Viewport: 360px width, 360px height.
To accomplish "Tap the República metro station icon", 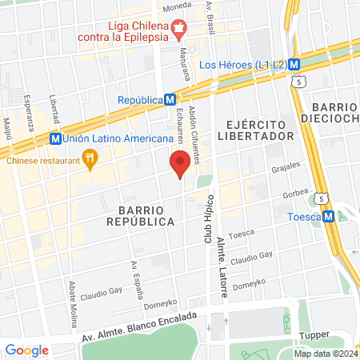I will pyautogui.click(x=170, y=100).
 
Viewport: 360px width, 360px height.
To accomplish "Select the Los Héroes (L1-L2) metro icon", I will pyautogui.click(x=294, y=64).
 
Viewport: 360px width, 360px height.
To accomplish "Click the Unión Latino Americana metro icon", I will pyautogui.click(x=55, y=138).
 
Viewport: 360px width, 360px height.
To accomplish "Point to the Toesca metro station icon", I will pyautogui.click(x=327, y=216).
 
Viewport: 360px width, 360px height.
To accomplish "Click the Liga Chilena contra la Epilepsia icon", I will pyautogui.click(x=179, y=27).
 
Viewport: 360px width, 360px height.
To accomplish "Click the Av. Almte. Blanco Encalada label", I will pyautogui.click(x=139, y=328).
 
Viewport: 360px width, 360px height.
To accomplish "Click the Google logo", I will pyautogui.click(x=26, y=350).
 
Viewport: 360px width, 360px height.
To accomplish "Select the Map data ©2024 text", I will pyautogui.click(x=325, y=354).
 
